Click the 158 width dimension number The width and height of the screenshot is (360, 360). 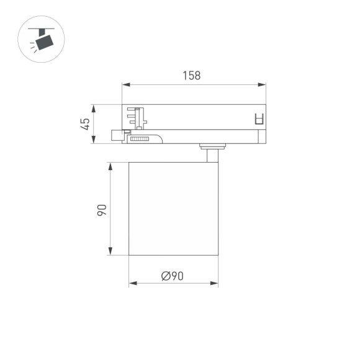191,76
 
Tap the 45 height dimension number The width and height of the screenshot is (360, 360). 86,124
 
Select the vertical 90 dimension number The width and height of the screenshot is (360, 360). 102,209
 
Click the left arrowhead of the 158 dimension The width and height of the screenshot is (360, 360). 125,84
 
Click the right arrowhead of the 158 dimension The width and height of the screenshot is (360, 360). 263,84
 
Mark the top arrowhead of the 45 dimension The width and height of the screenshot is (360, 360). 92,107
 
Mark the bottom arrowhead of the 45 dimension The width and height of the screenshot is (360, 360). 92,142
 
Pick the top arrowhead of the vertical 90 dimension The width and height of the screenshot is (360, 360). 110,166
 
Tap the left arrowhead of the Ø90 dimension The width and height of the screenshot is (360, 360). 132,284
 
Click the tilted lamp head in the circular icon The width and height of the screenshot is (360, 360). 45,40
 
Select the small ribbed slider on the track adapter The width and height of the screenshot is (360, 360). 140,140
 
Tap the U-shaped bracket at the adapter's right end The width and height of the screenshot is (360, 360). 259,119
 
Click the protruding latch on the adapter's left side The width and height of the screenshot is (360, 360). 117,135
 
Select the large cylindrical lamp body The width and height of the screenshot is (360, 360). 173,209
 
